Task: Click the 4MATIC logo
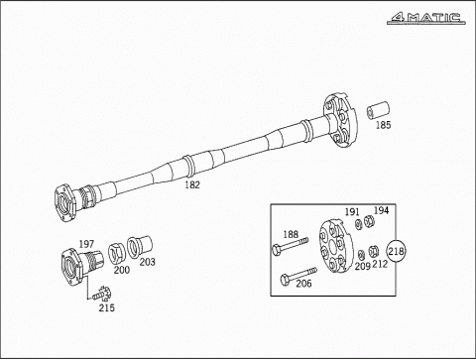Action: (x=426, y=18)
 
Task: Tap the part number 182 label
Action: (x=192, y=184)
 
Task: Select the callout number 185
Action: (x=384, y=125)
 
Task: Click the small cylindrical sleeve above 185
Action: (x=378, y=111)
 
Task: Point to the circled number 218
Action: (x=396, y=251)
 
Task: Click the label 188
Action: (x=291, y=234)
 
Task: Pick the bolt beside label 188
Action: (x=290, y=246)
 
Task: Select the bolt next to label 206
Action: (x=298, y=276)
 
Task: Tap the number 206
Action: (x=303, y=284)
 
